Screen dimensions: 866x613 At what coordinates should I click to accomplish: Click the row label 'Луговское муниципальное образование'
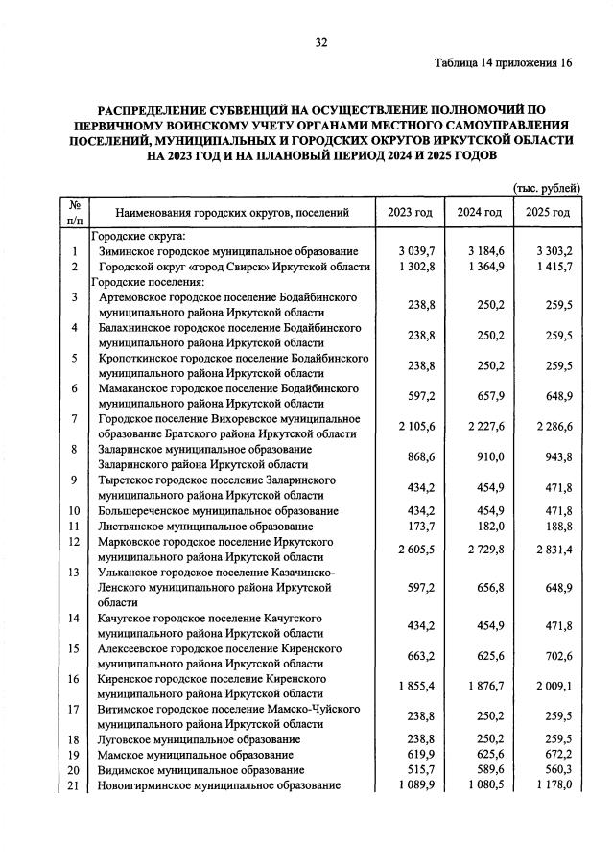[200, 739]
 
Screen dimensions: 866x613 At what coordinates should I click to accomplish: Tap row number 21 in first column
[74, 785]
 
